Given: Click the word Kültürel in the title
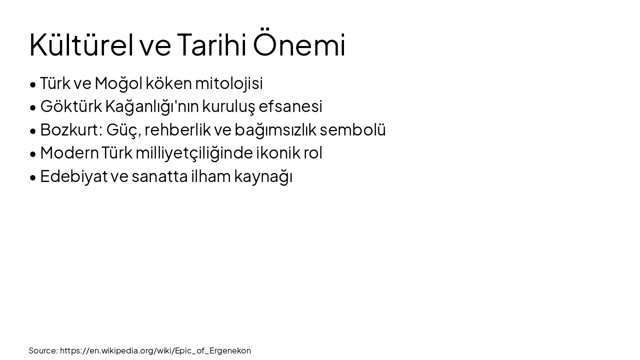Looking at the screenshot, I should coord(81,44).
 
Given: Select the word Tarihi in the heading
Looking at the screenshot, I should coord(211,44).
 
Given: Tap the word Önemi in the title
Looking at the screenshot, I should coord(299,44).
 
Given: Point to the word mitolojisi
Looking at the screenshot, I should coord(229,83).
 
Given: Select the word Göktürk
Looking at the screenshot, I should coord(71,106).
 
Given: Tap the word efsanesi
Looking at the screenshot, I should coord(290,106).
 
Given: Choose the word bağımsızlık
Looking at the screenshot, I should coord(275,129).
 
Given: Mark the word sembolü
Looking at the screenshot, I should coord(353,129).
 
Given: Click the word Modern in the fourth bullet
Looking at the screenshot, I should coord(69,153).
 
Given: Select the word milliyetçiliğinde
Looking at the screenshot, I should coord(194,153).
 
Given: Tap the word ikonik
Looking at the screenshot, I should coord(278,153).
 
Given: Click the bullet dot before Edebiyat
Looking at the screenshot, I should coord(33,177).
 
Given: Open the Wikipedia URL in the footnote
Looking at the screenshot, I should coord(155,350).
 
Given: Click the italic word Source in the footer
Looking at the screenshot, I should coord(43,350).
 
